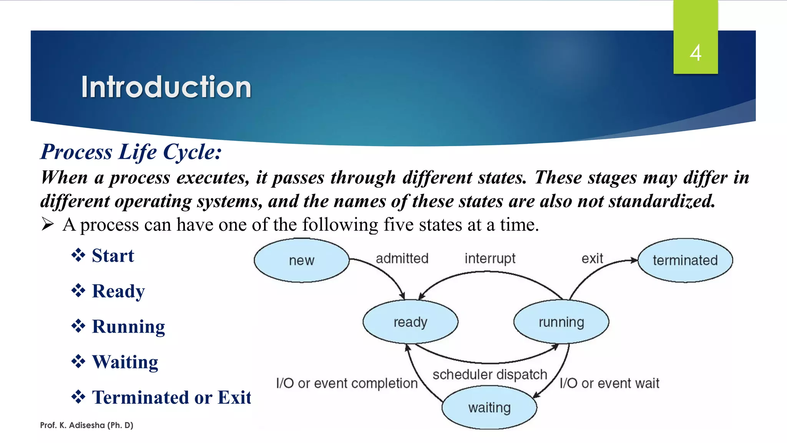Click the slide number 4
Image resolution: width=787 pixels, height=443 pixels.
(695, 53)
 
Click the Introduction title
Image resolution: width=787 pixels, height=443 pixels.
(166, 87)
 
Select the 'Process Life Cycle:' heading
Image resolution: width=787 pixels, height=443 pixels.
(131, 152)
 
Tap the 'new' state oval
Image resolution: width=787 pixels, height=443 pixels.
(302, 260)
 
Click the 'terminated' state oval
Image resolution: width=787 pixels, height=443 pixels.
(685, 260)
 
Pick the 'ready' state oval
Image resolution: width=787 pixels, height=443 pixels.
(410, 322)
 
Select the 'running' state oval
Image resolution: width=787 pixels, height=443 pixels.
(561, 322)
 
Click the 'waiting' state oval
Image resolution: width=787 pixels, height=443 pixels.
(489, 407)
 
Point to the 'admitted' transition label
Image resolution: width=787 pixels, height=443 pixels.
(402, 258)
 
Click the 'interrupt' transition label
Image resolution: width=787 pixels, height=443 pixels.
(490, 258)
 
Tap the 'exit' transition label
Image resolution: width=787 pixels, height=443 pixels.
(592, 258)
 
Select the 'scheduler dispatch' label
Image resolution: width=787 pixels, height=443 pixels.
(490, 374)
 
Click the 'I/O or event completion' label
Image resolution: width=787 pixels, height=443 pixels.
(347, 383)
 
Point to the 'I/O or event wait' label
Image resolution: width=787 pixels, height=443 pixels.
(609, 383)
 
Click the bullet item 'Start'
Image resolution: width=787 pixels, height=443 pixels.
(113, 256)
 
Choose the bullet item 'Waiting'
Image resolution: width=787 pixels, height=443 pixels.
(125, 362)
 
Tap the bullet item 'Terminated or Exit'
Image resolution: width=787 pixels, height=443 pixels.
(171, 397)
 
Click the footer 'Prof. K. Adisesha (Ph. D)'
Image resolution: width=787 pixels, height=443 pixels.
(86, 425)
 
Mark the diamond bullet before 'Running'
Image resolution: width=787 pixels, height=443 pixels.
(78, 326)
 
